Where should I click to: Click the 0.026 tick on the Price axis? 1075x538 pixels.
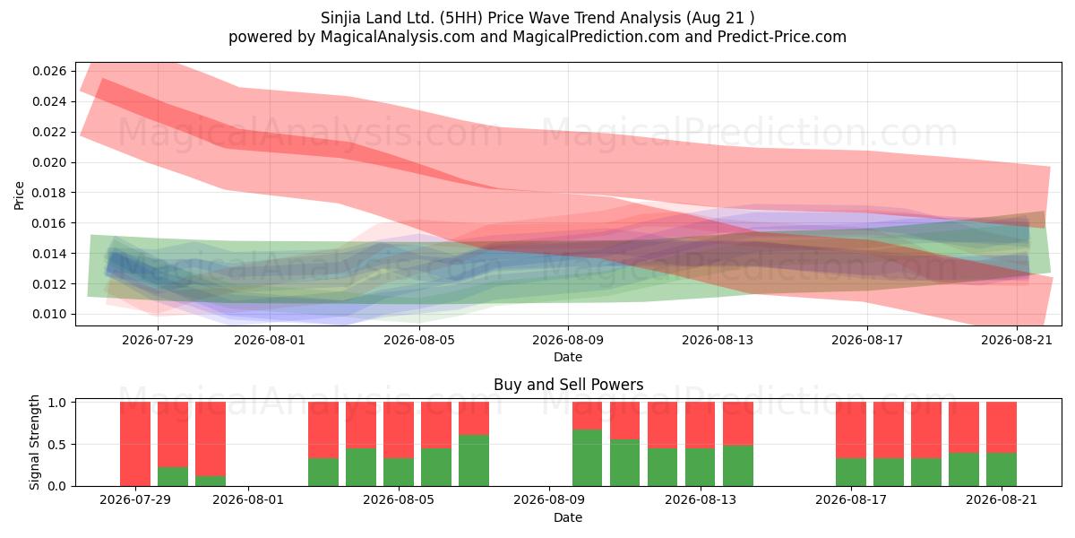click(49, 71)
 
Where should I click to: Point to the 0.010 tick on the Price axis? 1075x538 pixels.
click(49, 314)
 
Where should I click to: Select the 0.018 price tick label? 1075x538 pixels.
click(49, 193)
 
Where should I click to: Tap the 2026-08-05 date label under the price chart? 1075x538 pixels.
click(419, 340)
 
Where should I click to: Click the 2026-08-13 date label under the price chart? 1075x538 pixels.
click(718, 340)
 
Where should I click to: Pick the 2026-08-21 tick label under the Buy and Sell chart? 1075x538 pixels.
click(1002, 500)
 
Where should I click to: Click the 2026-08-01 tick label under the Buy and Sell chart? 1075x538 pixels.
click(248, 500)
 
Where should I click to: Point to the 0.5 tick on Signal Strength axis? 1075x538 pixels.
click(57, 445)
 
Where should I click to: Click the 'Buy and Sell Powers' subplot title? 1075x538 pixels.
click(568, 385)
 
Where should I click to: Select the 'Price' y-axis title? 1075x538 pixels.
click(19, 195)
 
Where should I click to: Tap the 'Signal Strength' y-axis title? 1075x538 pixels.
click(34, 442)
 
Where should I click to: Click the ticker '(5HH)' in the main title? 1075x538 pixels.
click(464, 18)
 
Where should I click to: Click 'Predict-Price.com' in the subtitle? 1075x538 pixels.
click(782, 37)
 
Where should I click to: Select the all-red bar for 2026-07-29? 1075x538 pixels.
click(135, 444)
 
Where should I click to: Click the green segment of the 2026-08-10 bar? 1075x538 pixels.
click(587, 458)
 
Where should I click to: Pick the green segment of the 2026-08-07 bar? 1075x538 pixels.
click(474, 461)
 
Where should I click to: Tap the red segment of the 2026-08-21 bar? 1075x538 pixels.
click(1002, 428)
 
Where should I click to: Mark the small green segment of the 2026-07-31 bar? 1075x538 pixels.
click(211, 481)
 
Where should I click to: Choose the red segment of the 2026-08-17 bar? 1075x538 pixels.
click(851, 430)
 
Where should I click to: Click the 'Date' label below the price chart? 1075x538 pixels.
click(568, 358)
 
